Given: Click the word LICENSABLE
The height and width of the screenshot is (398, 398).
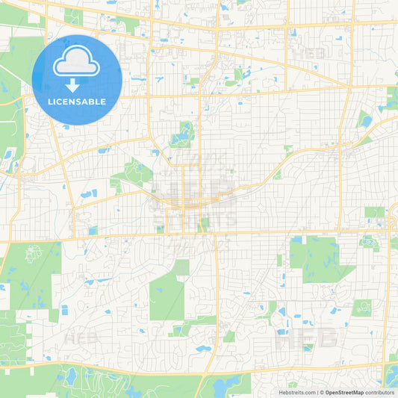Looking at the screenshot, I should click(77, 102).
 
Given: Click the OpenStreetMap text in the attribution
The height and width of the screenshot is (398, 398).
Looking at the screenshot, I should click(344, 392).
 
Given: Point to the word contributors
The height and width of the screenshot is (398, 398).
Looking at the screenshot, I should click(380, 392).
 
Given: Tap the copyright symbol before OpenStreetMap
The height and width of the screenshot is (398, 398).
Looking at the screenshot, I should click(322, 392).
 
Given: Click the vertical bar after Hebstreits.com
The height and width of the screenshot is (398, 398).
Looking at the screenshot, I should click(317, 392).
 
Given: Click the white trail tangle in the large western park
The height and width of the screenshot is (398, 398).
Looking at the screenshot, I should click(33, 253).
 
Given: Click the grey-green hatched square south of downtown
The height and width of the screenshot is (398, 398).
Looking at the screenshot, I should click(182, 267).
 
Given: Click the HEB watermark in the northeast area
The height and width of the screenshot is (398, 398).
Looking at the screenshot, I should click(311, 54).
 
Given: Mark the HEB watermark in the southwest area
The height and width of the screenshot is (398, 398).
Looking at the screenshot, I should click(82, 338).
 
